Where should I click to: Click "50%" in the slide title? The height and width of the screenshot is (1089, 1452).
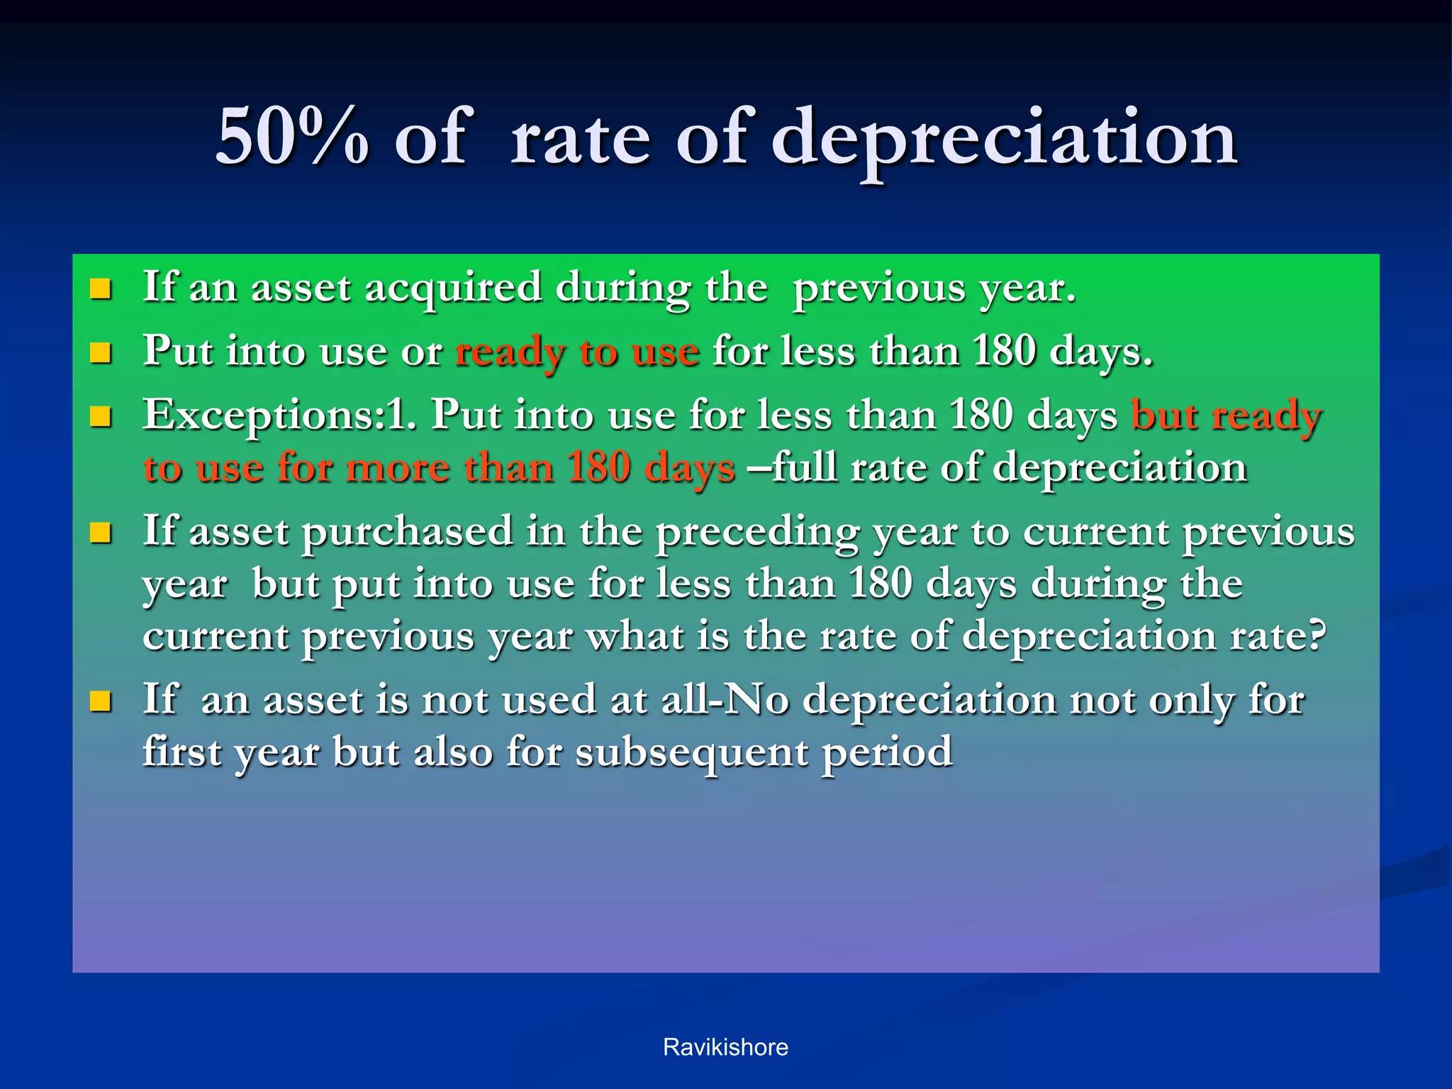[292, 136]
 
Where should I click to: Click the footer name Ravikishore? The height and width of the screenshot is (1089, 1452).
[725, 1047]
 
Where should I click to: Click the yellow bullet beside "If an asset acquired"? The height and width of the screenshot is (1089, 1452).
[101, 289]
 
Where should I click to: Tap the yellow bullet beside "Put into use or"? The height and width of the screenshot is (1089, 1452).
[101, 352]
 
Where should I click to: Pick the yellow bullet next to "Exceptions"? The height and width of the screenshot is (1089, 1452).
[101, 416]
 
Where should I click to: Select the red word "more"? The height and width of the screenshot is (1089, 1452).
[398, 468]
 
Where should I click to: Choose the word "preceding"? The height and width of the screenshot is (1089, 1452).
[756, 532]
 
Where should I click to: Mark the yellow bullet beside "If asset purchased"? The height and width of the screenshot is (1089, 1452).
[101, 532]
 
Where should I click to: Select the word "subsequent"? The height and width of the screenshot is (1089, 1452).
[691, 753]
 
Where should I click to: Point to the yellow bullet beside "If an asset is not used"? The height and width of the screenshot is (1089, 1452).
[101, 701]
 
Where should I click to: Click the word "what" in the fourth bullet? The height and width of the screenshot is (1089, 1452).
[636, 636]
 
